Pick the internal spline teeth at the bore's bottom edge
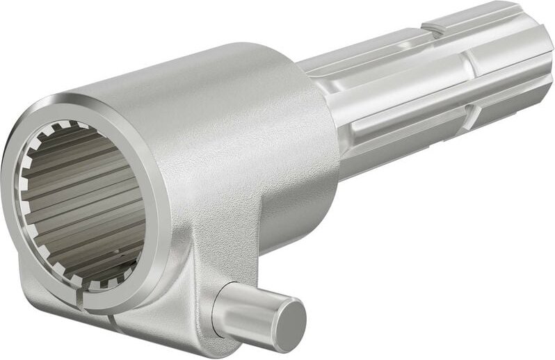tap(104, 281)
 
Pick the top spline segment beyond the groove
tap(480, 17)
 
